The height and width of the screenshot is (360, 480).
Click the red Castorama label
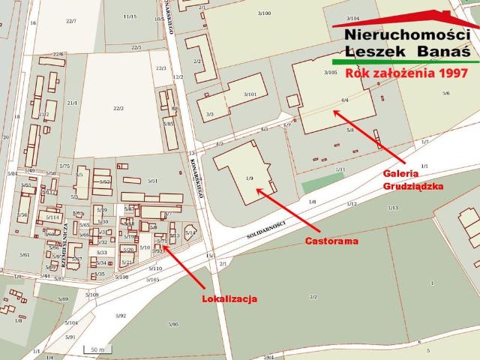[331, 241]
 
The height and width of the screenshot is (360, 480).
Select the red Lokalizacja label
[229, 298]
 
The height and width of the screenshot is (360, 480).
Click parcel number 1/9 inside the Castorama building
[250, 178]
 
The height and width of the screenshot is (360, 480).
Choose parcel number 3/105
[330, 72]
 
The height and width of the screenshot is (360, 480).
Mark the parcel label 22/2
[118, 108]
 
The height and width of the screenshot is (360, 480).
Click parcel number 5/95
[173, 324]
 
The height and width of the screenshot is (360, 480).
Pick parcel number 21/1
[73, 103]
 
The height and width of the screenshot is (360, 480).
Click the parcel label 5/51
[152, 181]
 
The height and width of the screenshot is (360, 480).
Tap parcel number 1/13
[392, 207]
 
